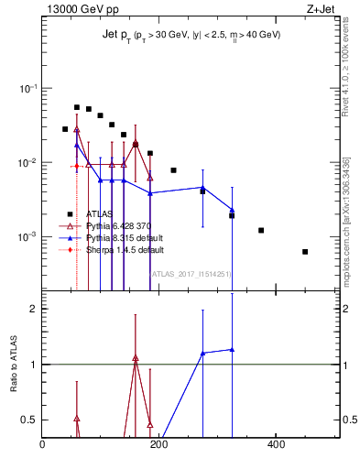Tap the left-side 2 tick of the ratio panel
(x=34, y=309)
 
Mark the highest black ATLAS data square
(x=77, y=107)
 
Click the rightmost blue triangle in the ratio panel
(x=232, y=349)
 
